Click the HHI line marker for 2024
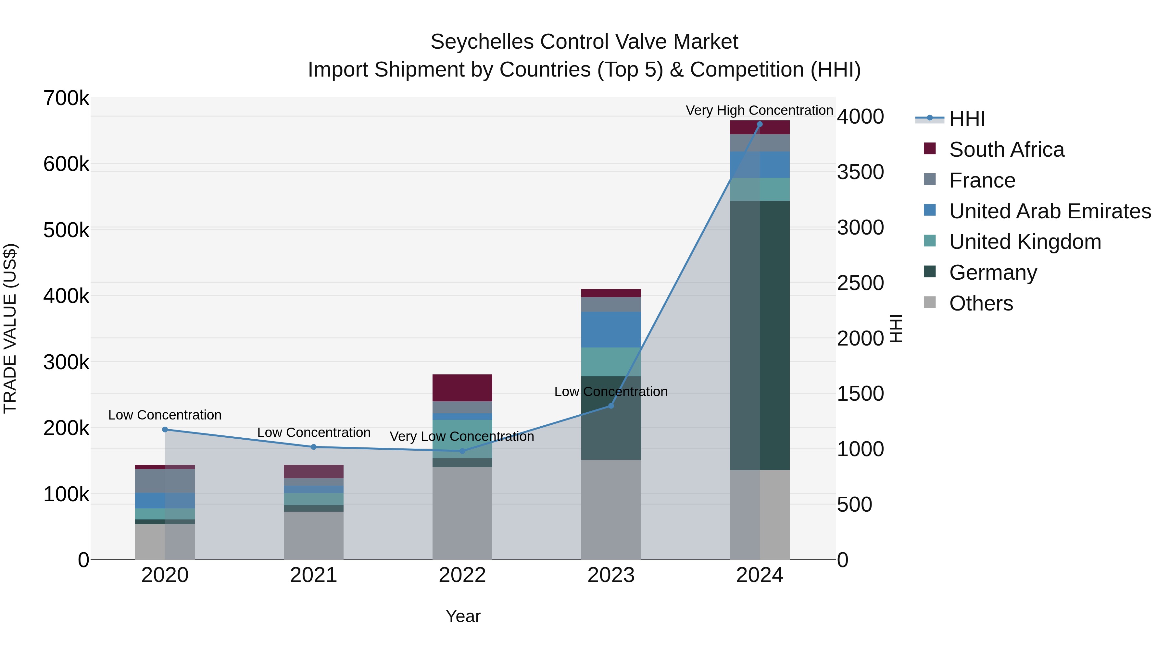(x=760, y=124)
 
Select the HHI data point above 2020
(x=165, y=429)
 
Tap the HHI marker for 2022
(x=462, y=451)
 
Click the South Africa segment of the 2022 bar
(x=462, y=388)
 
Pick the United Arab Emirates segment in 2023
(x=611, y=330)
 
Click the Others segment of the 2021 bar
(x=314, y=535)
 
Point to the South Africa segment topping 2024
(x=760, y=128)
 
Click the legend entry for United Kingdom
(x=1025, y=242)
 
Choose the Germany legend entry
(x=993, y=273)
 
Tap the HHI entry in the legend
(x=967, y=119)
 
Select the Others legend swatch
(x=930, y=302)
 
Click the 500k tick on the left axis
(x=66, y=230)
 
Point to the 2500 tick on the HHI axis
(x=861, y=283)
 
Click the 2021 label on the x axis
(x=314, y=575)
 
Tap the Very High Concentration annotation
(x=759, y=110)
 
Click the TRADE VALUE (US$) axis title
(x=10, y=328)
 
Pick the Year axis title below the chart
(x=463, y=616)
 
